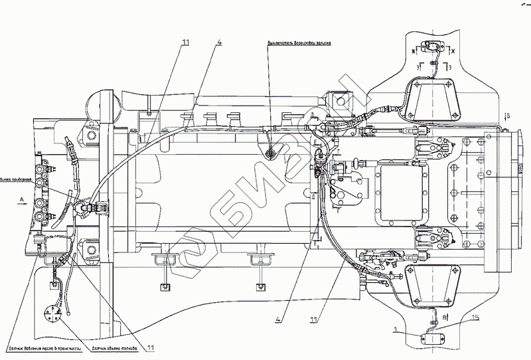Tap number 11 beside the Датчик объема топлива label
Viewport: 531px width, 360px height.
coord(151,346)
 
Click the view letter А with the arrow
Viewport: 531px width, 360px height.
coord(21,198)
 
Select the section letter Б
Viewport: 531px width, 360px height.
coord(508,116)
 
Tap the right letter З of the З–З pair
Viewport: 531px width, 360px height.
coord(451,67)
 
